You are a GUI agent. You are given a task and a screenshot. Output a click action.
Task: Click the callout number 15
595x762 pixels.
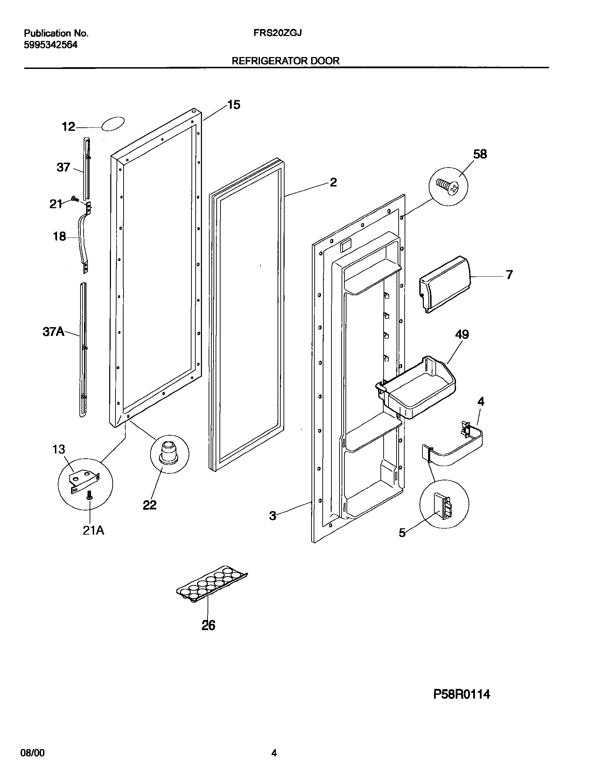click(x=234, y=105)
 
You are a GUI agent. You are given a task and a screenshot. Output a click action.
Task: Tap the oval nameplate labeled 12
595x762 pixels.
click(x=113, y=124)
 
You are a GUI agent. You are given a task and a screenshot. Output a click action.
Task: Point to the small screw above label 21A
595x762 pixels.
click(x=90, y=495)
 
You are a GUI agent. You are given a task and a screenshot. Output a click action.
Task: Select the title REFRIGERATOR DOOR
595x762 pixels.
click(x=286, y=61)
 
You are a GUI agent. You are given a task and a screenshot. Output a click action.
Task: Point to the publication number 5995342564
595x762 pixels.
click(x=51, y=45)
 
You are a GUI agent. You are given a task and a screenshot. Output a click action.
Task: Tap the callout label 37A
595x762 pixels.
click(x=54, y=332)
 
